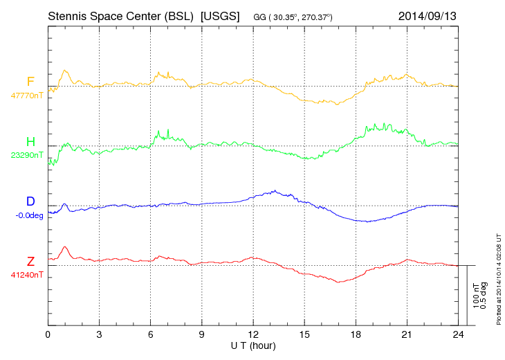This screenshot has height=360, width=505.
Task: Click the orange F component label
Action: point(30,82)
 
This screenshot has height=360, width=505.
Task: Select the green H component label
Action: point(30,142)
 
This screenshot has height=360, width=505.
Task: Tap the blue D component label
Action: point(30,201)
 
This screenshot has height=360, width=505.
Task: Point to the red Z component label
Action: point(30,261)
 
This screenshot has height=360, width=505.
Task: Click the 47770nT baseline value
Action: point(27,96)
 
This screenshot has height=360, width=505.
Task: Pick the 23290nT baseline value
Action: point(27,156)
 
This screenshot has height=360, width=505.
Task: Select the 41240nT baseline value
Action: point(27,275)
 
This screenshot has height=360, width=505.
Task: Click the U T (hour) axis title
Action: point(253,345)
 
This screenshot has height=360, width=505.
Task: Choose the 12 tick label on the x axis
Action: point(253,334)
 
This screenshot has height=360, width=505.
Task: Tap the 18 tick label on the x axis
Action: point(356,334)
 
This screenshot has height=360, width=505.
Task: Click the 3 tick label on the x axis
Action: point(100,334)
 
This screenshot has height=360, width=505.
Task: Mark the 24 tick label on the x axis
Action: point(458,334)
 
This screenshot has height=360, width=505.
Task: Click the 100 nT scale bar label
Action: point(475,296)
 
